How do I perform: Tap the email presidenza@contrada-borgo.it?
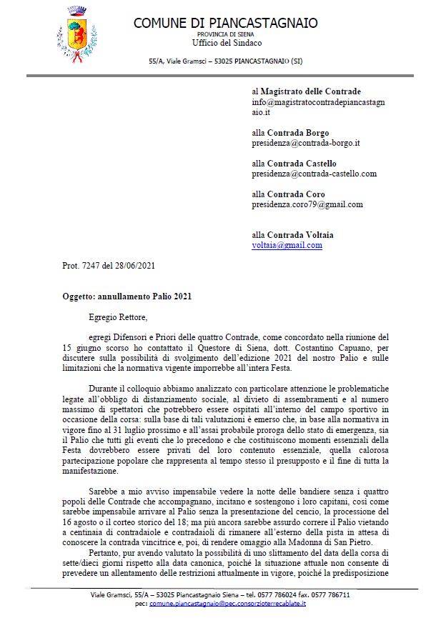tap(305, 143)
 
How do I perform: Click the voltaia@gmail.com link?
tap(287, 245)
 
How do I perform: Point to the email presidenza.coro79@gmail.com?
tap(307, 204)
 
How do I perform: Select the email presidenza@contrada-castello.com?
tap(314, 174)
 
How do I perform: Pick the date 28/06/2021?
tap(135, 266)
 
